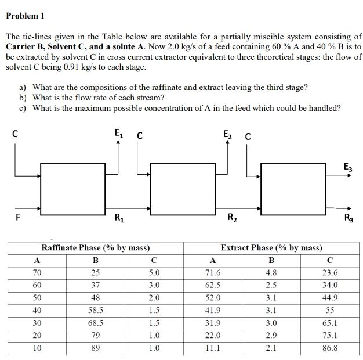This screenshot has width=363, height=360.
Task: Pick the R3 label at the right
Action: (x=348, y=219)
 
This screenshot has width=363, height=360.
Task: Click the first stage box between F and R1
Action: (x=70, y=188)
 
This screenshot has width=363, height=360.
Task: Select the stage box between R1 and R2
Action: (x=179, y=188)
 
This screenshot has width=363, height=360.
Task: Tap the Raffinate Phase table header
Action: (x=96, y=247)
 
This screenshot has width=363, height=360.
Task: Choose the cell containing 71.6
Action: (x=213, y=272)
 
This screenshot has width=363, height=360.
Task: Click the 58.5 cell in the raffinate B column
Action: (x=96, y=310)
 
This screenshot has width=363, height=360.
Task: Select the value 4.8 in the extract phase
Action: (x=271, y=272)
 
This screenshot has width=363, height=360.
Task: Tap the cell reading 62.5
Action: (x=213, y=285)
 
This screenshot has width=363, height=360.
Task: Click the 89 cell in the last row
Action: (x=96, y=348)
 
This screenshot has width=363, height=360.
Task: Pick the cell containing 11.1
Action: (x=213, y=348)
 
